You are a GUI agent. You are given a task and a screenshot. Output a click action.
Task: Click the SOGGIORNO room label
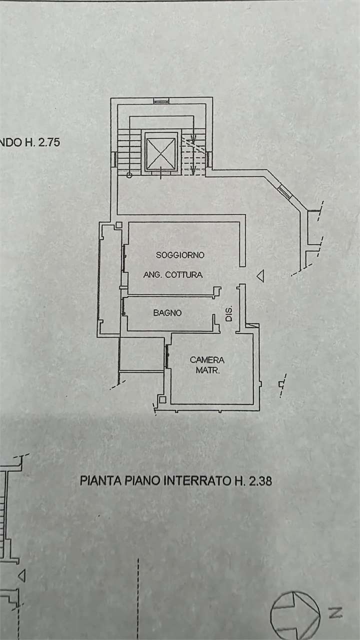180,255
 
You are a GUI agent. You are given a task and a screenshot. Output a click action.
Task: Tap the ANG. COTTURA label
173,275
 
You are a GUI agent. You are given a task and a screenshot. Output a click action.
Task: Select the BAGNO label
167,313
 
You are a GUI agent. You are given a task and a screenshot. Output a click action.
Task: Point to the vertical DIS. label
228,313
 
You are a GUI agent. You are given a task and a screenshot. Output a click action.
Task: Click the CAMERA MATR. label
207,365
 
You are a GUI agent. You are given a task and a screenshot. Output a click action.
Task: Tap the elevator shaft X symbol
161,153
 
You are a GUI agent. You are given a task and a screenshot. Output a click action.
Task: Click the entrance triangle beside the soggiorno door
260,276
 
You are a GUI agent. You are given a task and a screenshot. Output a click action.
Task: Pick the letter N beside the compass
335,612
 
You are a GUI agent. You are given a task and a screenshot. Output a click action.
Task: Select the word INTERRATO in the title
197,480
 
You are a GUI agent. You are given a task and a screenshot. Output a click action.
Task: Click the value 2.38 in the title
260,480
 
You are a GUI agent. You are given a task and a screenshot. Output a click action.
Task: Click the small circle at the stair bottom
129,175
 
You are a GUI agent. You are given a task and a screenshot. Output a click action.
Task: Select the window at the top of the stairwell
161,100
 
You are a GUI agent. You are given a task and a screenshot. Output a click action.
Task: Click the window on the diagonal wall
284,191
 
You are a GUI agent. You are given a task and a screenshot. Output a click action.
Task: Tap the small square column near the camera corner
162,399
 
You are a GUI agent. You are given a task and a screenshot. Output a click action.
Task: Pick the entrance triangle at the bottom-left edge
22,575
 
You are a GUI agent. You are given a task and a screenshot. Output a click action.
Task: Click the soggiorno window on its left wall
124,258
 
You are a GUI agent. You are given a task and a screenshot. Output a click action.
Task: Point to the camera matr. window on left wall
166,356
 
